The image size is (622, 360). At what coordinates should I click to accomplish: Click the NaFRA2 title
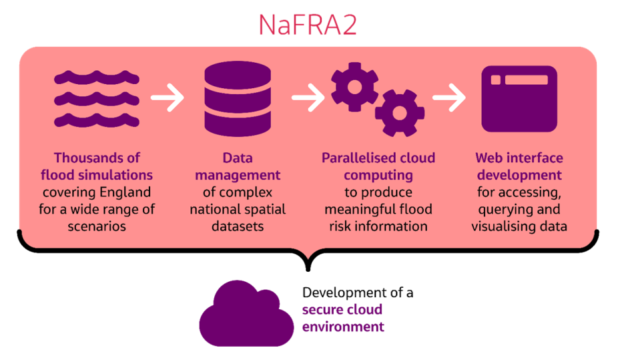point(308,25)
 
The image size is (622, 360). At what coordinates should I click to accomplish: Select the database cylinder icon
point(237,100)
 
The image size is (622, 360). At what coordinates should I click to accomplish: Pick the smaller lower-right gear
point(398,112)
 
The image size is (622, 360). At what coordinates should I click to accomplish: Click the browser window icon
point(519,99)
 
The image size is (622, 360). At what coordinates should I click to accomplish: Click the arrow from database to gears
point(308,99)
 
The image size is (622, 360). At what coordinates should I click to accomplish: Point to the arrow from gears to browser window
point(448,99)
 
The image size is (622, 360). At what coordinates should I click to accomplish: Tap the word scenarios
point(97,226)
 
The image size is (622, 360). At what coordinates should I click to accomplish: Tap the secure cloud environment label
point(342,319)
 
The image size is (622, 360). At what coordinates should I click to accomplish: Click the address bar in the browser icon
point(526,80)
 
